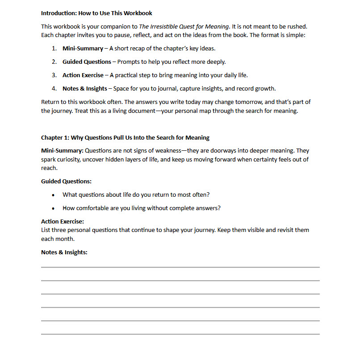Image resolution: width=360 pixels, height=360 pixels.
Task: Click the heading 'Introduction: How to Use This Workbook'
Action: [x=96, y=13]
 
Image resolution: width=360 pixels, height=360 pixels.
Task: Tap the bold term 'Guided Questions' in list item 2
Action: [x=87, y=62]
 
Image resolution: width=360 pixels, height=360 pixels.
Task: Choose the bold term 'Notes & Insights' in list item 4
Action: [x=84, y=88]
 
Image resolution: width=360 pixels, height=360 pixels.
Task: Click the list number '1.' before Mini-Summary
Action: [x=54, y=48]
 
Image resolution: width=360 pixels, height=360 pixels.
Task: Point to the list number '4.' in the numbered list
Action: [x=54, y=88]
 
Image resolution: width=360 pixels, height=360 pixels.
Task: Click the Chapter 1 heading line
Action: [x=125, y=137]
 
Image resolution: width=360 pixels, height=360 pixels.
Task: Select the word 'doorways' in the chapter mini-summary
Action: [x=213, y=150]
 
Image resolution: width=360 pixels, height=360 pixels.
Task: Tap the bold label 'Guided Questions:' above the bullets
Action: [x=66, y=182]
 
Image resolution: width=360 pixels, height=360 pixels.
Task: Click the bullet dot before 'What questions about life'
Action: [x=54, y=195]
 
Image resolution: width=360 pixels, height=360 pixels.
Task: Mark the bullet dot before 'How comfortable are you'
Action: [x=54, y=208]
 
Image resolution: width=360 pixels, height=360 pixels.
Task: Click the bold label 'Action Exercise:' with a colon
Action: [x=63, y=221]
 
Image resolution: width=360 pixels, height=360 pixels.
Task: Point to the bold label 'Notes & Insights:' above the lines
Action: [x=64, y=252]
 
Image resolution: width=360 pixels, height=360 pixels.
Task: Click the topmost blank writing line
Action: [x=180, y=267]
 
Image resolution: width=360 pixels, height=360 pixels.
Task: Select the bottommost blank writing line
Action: [x=180, y=334]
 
